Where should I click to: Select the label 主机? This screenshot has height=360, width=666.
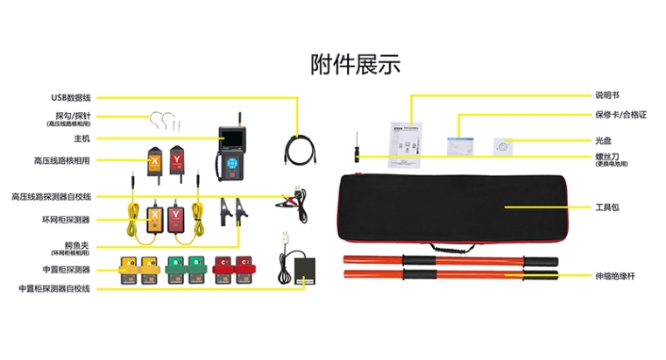82,138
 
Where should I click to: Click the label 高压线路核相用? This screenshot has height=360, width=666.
62,160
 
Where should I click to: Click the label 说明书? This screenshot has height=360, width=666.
606,95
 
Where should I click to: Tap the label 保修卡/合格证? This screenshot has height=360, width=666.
620,115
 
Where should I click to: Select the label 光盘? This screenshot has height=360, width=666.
603,139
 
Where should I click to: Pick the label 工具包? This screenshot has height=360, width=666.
607,208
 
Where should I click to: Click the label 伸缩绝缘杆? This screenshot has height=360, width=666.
614,276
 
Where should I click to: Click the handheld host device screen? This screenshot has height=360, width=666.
232,142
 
